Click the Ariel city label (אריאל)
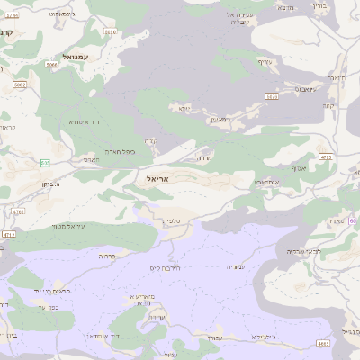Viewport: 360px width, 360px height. (x=157, y=178)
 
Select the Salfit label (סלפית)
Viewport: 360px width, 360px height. (x=171, y=220)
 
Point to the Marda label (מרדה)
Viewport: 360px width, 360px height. (x=204, y=157)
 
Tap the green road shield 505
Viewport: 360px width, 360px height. (x=272, y=95)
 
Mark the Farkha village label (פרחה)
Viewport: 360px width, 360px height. (x=106, y=256)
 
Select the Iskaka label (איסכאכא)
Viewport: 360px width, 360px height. (x=247, y=182)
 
